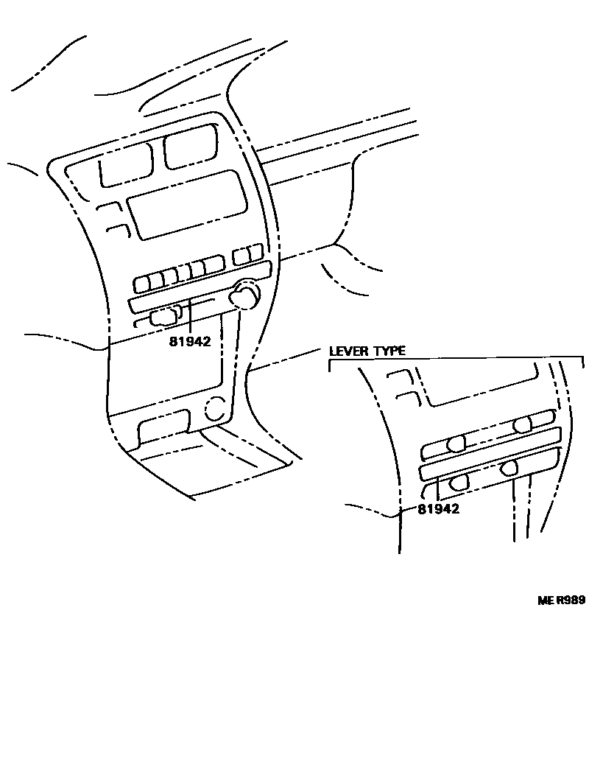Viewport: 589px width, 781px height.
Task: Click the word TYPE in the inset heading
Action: (x=388, y=351)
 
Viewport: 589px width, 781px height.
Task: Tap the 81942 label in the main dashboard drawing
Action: (x=190, y=342)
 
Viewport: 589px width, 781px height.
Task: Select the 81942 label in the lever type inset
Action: (x=439, y=508)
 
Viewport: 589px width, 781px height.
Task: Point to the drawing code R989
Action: (x=571, y=600)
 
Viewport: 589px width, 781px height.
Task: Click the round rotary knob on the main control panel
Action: (x=243, y=296)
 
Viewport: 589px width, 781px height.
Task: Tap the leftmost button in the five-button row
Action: (x=144, y=283)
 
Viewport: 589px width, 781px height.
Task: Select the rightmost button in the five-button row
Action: (x=214, y=265)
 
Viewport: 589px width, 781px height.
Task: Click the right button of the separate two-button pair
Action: (x=255, y=253)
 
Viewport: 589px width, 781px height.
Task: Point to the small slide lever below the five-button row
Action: (x=163, y=317)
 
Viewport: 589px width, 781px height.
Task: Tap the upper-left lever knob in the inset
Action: (x=456, y=443)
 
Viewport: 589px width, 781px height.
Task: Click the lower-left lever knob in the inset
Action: (x=458, y=483)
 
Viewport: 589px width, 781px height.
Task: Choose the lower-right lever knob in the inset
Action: (x=510, y=467)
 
